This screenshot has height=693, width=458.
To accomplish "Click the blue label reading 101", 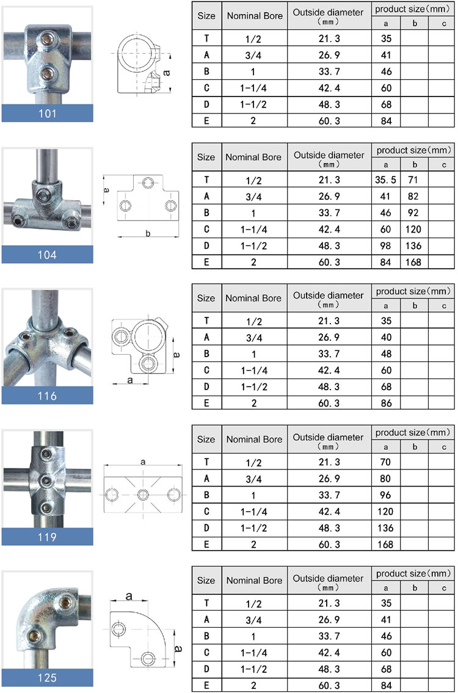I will (47, 114).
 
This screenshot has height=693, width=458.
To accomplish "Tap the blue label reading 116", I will (47, 396).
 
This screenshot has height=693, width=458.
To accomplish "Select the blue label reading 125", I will (47, 678).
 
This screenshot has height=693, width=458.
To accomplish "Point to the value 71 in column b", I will (415, 180).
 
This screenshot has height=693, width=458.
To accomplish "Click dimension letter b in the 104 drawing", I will (148, 233).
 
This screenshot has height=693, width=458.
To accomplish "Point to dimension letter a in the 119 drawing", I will (143, 463).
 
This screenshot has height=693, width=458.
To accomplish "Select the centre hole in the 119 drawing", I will (143, 494).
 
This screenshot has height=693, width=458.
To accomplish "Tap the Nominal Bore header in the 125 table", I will (254, 581).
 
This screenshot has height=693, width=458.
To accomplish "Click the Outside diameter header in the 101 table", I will (329, 16).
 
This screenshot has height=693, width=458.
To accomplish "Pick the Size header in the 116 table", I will (206, 299).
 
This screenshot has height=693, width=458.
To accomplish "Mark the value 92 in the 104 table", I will (415, 212).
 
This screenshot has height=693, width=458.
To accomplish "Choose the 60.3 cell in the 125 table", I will (329, 685).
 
